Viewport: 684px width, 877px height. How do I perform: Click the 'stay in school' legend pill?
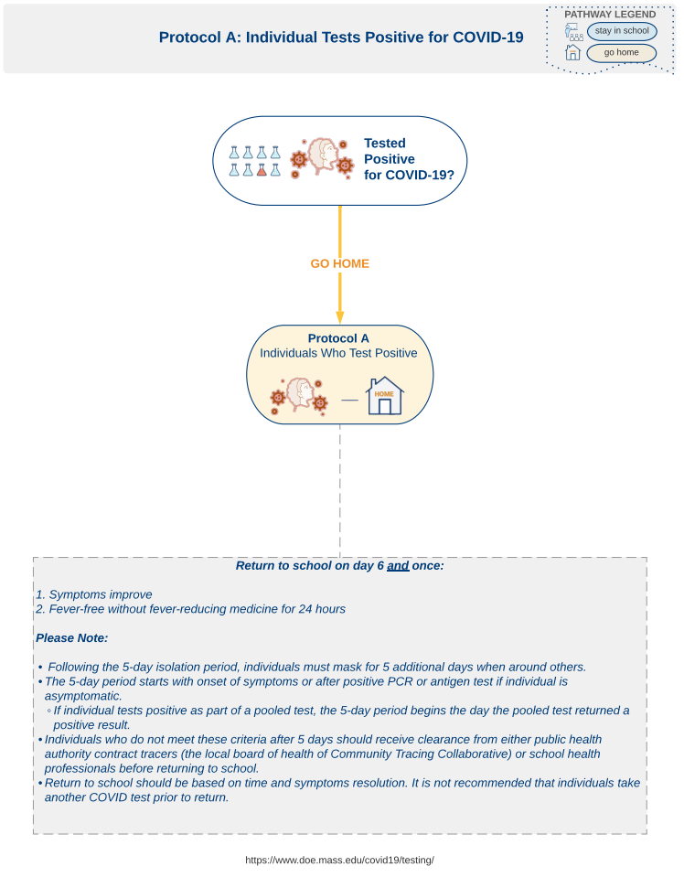(621, 31)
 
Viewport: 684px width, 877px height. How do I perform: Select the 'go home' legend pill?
(621, 52)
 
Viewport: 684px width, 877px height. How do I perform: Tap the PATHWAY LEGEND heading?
(610, 14)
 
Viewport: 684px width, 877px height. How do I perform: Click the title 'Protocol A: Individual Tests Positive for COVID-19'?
(341, 37)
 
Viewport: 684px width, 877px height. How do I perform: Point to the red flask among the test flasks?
(262, 169)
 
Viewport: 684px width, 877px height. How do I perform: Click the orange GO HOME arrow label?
(339, 263)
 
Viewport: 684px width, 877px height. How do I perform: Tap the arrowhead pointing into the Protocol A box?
(339, 317)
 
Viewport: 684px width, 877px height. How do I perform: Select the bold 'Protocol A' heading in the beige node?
(338, 338)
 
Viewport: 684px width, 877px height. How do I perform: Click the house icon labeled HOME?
(384, 395)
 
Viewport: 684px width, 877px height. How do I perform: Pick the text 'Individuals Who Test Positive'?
(338, 353)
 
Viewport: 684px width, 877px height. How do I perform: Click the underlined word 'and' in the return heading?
(398, 565)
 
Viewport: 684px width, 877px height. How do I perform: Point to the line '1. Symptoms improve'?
(94, 594)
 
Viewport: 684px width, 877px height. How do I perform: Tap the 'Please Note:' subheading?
(71, 638)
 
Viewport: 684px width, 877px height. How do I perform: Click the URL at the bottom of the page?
(339, 861)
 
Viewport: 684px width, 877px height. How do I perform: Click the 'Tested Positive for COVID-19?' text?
(409, 159)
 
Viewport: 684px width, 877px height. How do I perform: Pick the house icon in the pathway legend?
(572, 52)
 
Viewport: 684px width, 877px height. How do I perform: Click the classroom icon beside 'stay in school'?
(573, 32)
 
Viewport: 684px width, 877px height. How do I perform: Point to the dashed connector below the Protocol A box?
(339, 490)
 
